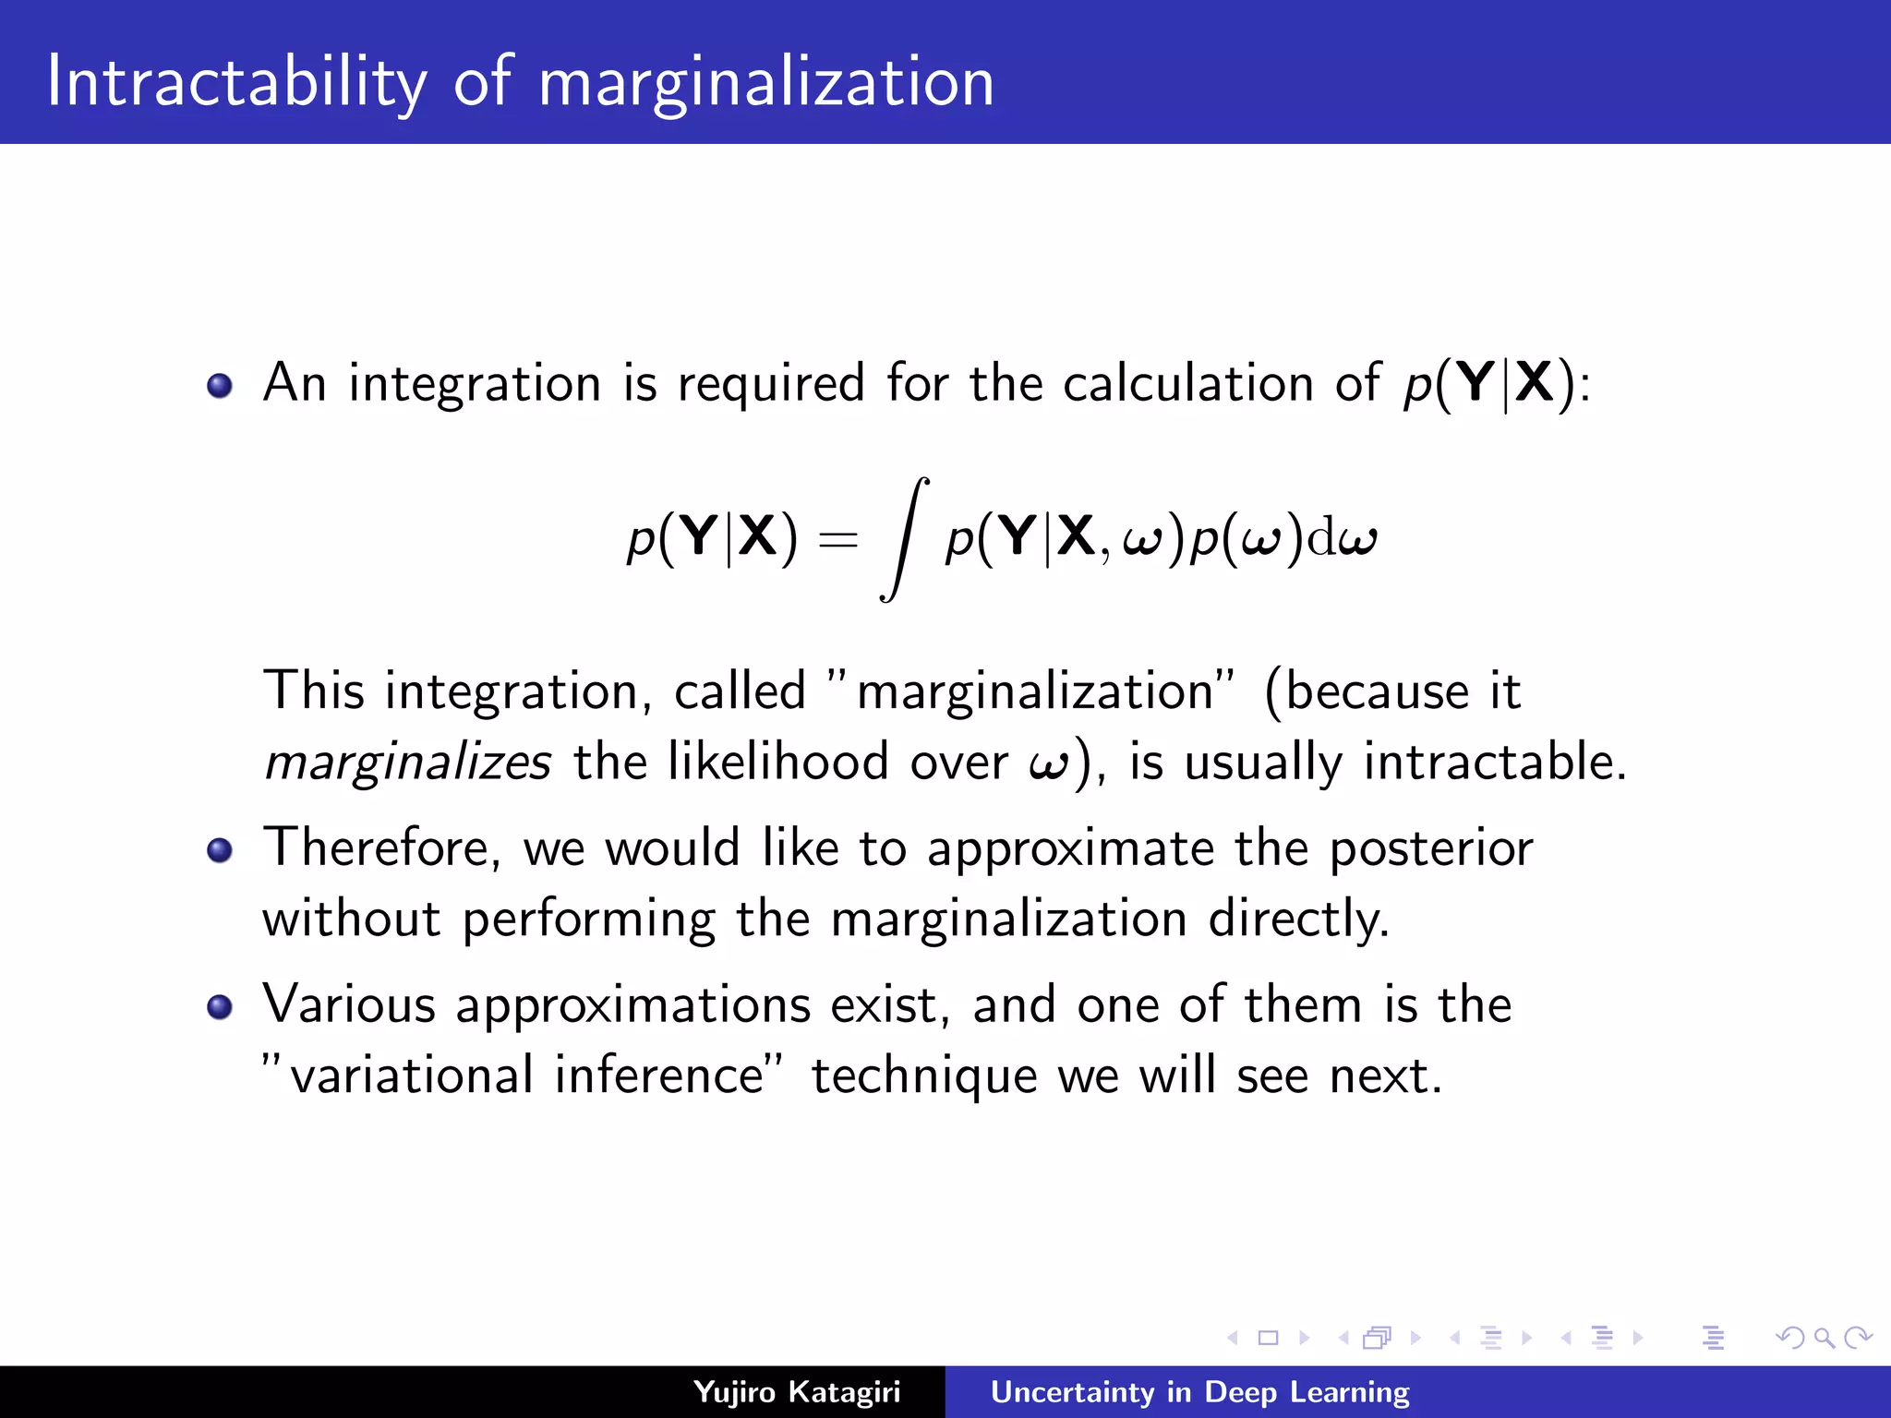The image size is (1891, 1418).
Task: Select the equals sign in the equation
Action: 838,539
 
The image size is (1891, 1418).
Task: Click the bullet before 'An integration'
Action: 220,385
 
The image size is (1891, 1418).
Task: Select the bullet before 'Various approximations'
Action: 220,1006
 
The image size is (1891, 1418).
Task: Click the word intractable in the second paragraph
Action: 1494,763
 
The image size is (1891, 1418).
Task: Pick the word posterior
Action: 1431,849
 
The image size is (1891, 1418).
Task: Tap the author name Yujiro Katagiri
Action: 797,1392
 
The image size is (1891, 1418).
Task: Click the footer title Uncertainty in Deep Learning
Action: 1199,1392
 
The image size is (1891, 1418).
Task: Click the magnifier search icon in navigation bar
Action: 1824,1338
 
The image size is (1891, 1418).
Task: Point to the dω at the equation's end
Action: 1343,539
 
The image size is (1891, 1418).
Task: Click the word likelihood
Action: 777,763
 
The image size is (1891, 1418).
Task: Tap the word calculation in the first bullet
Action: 1187,383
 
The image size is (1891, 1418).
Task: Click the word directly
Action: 1298,919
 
